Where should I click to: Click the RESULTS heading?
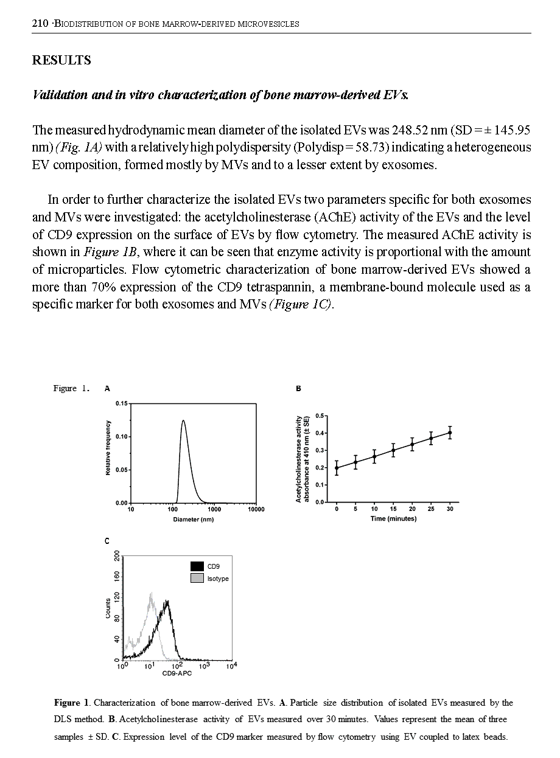[61, 60]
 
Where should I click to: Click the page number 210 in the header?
[40, 24]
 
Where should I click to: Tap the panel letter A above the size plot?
[107, 388]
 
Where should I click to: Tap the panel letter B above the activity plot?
[298, 388]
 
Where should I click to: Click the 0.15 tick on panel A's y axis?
[122, 403]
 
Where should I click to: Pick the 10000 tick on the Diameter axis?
[256, 509]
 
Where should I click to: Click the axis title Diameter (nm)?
[194, 520]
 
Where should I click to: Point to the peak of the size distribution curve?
[183, 420]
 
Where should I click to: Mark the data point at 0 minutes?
[337, 467]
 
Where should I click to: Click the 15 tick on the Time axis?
[393, 509]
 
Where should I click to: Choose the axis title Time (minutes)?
[393, 519]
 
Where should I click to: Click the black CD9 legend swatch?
[197, 566]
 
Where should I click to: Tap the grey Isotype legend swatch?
[197, 579]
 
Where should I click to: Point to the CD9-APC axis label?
[178, 673]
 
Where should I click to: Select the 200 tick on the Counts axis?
[117, 556]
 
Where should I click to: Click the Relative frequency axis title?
[108, 448]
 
